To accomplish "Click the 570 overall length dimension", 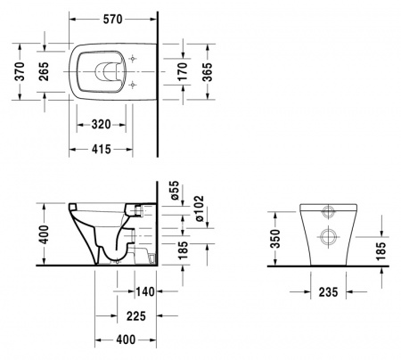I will click(x=111, y=19).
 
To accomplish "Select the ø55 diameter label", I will click(x=176, y=190).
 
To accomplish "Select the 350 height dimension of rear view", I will click(x=275, y=239).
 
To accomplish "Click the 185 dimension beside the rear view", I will click(x=382, y=251).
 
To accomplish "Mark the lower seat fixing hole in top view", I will click(x=134, y=85).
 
